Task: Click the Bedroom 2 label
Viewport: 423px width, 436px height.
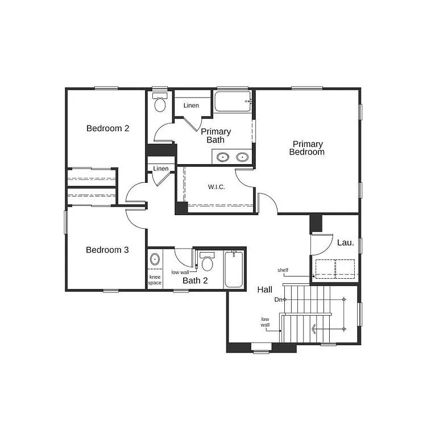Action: [107, 128]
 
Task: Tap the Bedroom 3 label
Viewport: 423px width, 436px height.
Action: [107, 250]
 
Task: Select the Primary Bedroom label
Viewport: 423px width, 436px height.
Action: [307, 148]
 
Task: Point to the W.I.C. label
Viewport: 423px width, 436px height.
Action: [217, 187]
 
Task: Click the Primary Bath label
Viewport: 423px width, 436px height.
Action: [216, 136]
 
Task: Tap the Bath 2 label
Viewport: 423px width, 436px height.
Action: [195, 280]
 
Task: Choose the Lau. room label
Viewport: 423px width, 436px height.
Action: [345, 242]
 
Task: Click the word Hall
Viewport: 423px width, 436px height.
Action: [265, 290]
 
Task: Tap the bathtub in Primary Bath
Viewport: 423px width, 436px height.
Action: [233, 101]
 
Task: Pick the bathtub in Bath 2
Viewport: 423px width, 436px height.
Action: [234, 270]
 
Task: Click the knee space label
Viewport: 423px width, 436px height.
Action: [155, 279]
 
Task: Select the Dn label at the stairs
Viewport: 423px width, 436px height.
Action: [278, 299]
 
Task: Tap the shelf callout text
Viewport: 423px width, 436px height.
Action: [283, 270]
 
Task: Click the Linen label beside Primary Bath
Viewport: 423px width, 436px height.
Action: [191, 106]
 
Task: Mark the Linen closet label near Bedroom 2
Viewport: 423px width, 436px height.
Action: [161, 169]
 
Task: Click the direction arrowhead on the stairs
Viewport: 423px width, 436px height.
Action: [314, 329]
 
